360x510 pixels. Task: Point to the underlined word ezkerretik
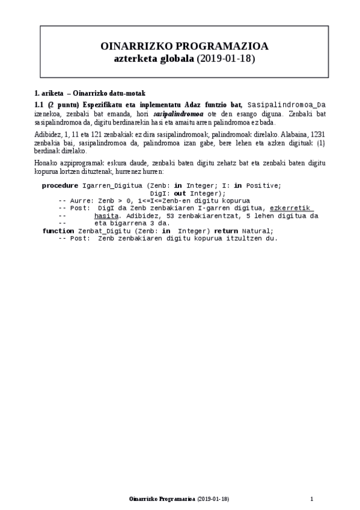tap(291, 208)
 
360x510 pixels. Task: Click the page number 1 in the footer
tap(312, 499)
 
